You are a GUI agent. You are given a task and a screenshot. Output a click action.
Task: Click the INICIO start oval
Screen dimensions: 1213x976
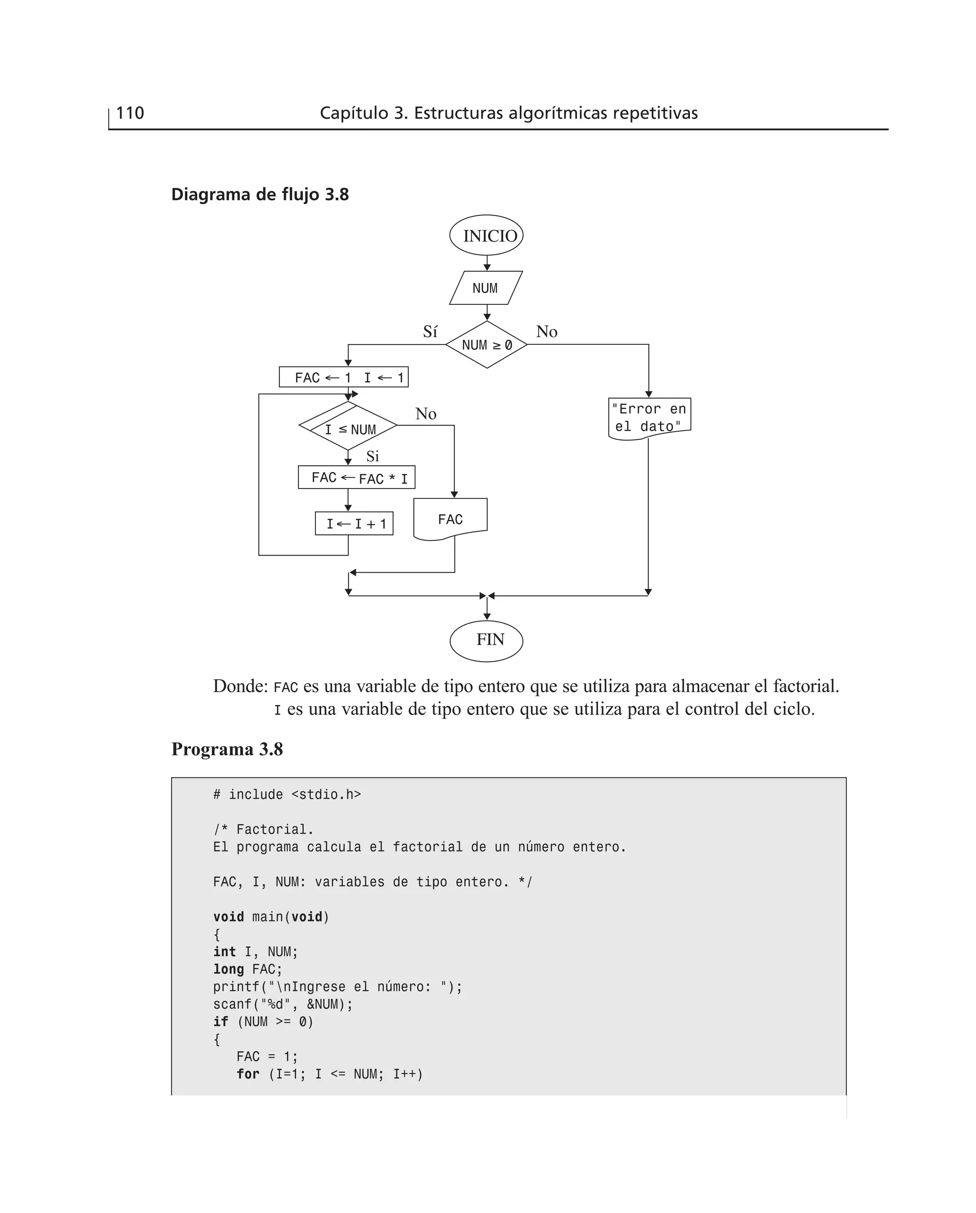[x=486, y=235]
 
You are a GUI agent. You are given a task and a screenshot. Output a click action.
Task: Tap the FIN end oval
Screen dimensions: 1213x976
[x=486, y=640]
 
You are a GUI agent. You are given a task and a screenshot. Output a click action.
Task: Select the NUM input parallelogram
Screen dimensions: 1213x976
[x=486, y=288]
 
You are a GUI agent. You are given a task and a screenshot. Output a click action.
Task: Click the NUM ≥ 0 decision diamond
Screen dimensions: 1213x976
[x=486, y=345]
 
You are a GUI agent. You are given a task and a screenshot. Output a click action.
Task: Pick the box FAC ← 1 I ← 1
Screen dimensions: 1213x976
[x=344, y=377]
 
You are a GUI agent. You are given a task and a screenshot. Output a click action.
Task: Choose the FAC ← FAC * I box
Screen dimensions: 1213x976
[x=356, y=477]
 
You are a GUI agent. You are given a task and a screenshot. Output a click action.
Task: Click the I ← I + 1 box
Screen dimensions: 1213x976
[x=354, y=524]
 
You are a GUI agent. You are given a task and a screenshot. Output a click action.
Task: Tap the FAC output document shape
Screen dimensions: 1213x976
[x=450, y=518]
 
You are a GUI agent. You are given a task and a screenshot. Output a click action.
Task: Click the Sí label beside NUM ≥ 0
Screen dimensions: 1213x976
[x=430, y=332]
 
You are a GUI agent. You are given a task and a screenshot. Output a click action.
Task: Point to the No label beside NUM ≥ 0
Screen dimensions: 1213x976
[x=547, y=332]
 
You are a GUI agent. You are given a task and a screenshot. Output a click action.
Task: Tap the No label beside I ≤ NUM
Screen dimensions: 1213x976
[x=426, y=414]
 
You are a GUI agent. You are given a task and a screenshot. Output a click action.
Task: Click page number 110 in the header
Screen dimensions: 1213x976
[x=130, y=113]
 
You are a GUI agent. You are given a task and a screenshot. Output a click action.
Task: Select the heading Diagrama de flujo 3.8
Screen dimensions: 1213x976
[x=260, y=195]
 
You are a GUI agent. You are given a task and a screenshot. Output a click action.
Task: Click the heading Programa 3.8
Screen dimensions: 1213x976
[x=227, y=749]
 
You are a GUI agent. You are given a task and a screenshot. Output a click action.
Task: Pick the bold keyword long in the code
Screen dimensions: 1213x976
[x=228, y=969]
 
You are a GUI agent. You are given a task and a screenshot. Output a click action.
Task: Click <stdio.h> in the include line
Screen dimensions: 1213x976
[x=326, y=794]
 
